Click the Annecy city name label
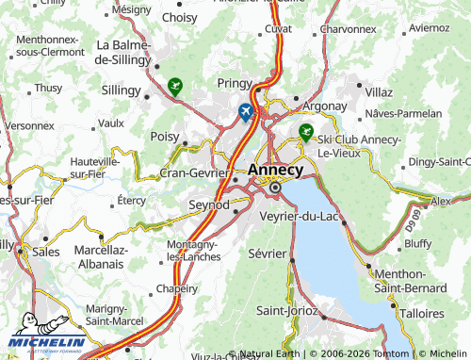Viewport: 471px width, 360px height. (x=275, y=171)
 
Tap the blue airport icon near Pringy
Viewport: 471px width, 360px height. (x=246, y=112)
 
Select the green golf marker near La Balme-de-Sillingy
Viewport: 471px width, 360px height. (x=174, y=88)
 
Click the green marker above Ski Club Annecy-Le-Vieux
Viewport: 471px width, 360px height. (x=305, y=131)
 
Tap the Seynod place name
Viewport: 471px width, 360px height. (x=209, y=205)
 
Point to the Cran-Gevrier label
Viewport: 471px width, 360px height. (x=195, y=172)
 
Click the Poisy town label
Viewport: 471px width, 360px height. (x=165, y=137)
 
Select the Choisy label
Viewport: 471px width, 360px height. (x=180, y=17)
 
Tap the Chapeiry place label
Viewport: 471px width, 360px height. (x=176, y=288)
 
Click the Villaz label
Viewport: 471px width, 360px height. (x=379, y=92)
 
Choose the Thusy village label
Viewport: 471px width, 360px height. (x=48, y=88)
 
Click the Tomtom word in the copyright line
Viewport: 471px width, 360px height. (x=391, y=353)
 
